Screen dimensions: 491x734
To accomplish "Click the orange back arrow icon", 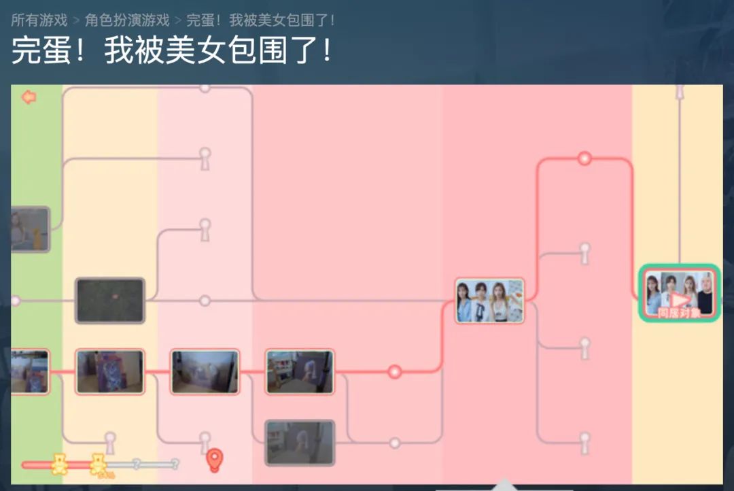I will [x=29, y=97].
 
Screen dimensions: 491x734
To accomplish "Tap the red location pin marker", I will [x=215, y=460].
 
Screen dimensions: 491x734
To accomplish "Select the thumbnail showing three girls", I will [x=489, y=300].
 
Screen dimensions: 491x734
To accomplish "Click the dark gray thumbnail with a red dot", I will [x=110, y=300].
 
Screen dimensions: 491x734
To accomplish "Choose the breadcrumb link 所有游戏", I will [x=39, y=20].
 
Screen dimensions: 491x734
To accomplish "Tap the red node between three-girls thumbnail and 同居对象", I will [x=584, y=158].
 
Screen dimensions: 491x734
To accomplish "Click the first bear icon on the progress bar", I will [x=60, y=464].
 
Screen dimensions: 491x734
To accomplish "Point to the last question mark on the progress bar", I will [x=175, y=464].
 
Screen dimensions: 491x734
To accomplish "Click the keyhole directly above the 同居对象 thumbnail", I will [x=679, y=91].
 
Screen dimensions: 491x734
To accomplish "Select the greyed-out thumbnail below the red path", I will [x=300, y=443].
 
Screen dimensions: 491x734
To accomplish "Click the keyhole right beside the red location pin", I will [x=205, y=442].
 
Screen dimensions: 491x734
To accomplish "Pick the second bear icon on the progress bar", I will [x=99, y=464].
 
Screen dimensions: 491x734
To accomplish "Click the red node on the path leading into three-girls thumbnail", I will [x=394, y=371].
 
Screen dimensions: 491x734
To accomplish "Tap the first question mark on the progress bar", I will [x=136, y=464].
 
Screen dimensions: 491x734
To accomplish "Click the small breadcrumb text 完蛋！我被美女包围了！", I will [x=260, y=20].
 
